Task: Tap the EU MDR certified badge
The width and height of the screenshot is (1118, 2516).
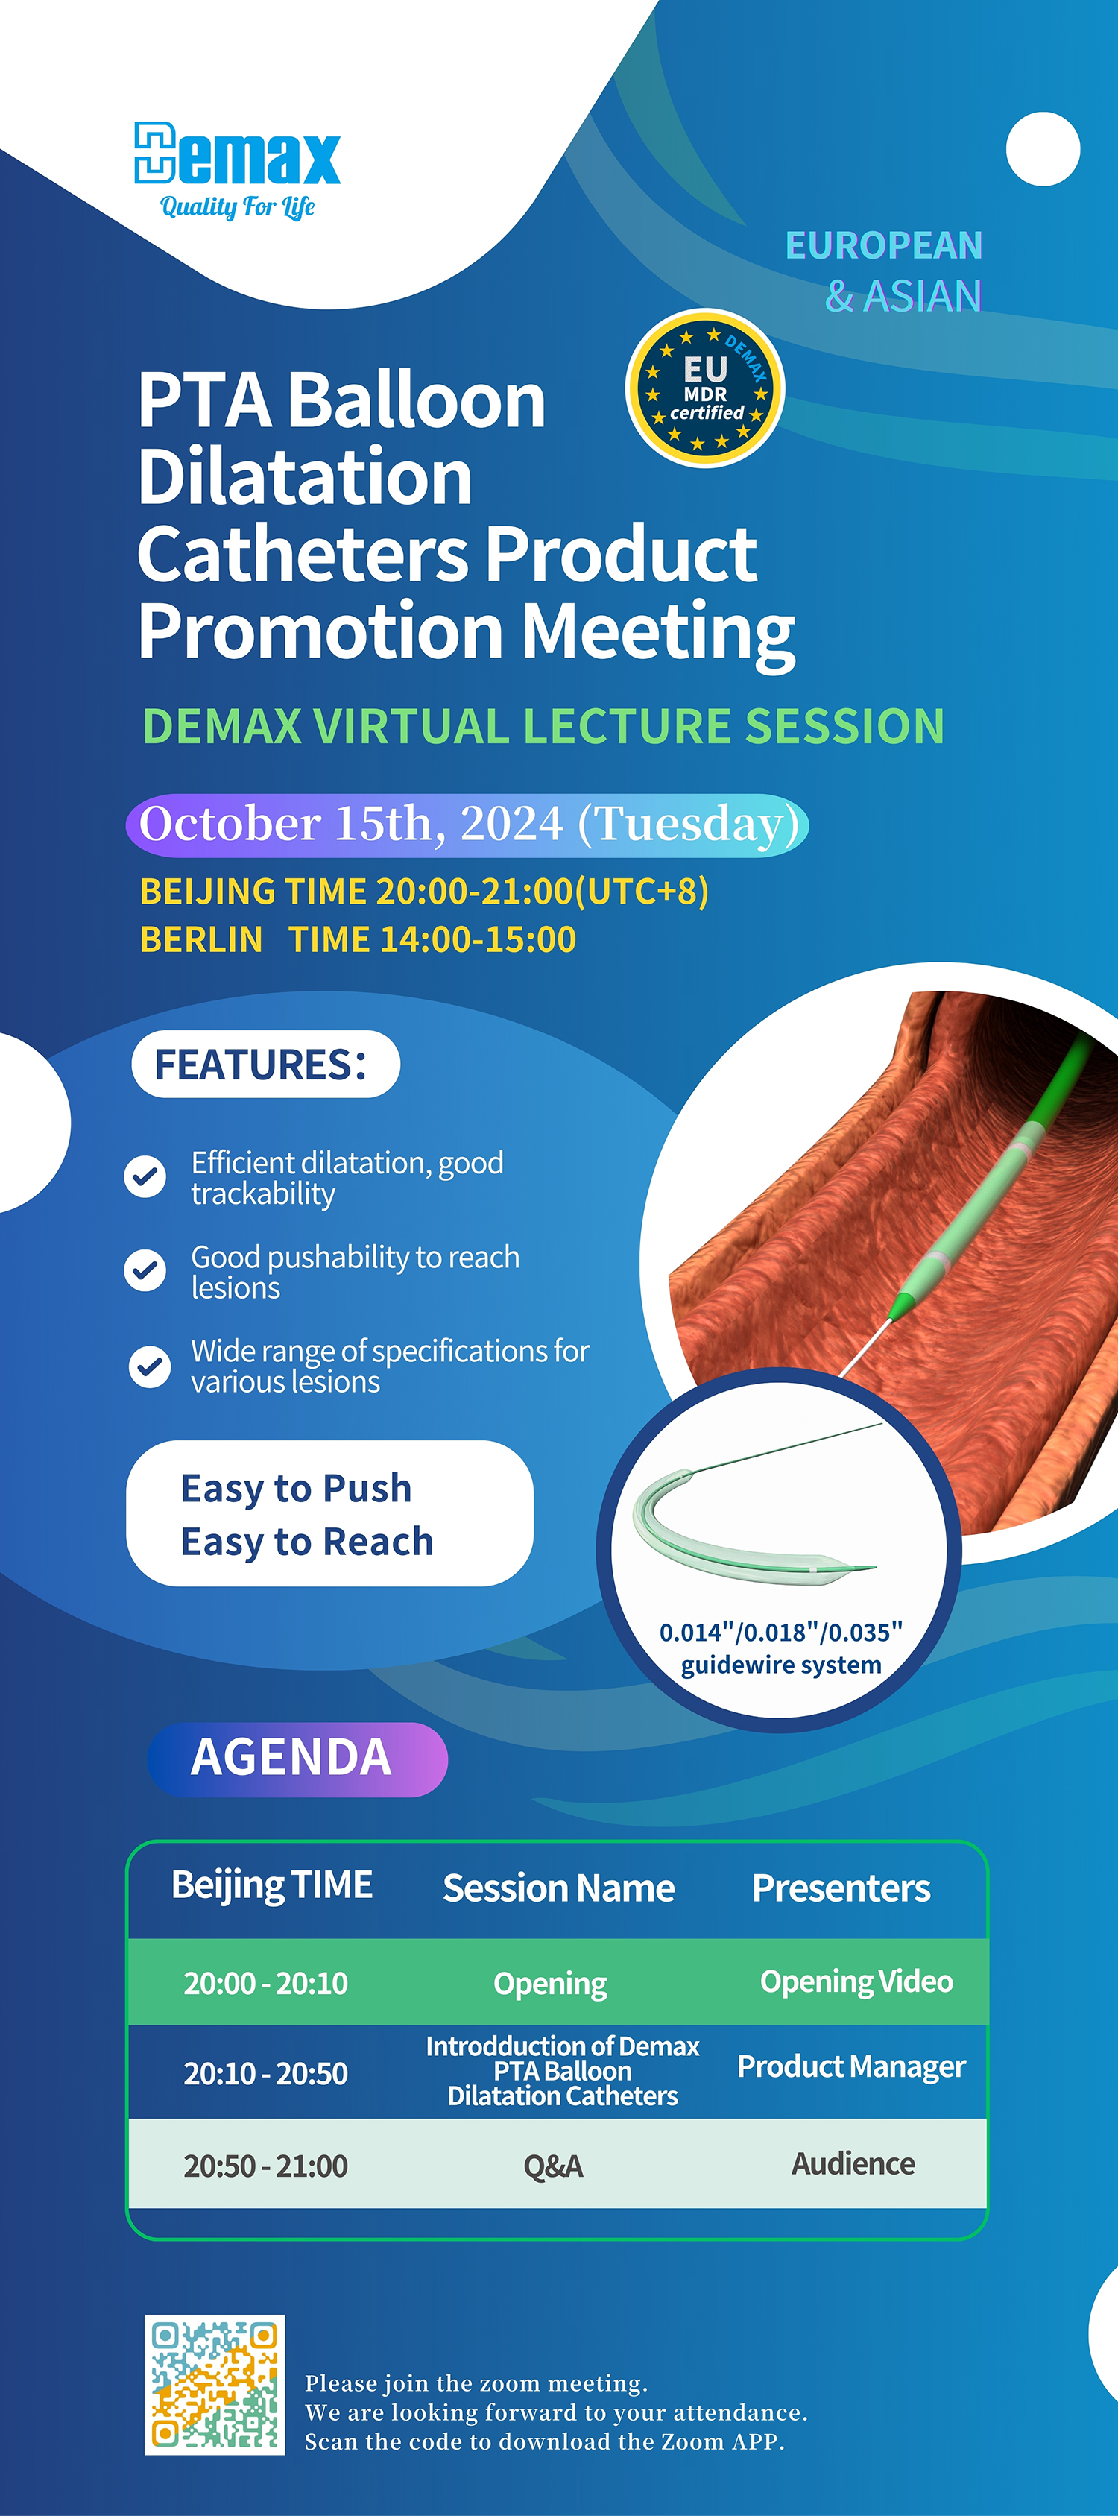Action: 705,388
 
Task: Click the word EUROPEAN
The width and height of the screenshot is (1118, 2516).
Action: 884,245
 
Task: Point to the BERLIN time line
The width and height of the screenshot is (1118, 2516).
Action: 359,939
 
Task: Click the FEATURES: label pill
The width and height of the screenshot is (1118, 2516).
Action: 265,1064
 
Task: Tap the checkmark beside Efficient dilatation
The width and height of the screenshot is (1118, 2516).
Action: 145,1177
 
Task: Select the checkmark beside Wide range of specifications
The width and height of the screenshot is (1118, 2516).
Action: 149,1366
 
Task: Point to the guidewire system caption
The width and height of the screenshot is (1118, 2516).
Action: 780,1649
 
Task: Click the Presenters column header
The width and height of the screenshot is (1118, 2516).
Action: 841,1888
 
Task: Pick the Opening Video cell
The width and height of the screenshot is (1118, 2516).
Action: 856,1981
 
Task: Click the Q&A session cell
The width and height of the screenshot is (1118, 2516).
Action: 554,2166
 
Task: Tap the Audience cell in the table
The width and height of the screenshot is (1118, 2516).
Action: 853,2163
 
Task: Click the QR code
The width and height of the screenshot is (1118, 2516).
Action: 215,2384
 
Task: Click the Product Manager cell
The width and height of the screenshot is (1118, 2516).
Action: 851,2066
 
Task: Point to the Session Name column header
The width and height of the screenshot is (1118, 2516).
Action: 558,1888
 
